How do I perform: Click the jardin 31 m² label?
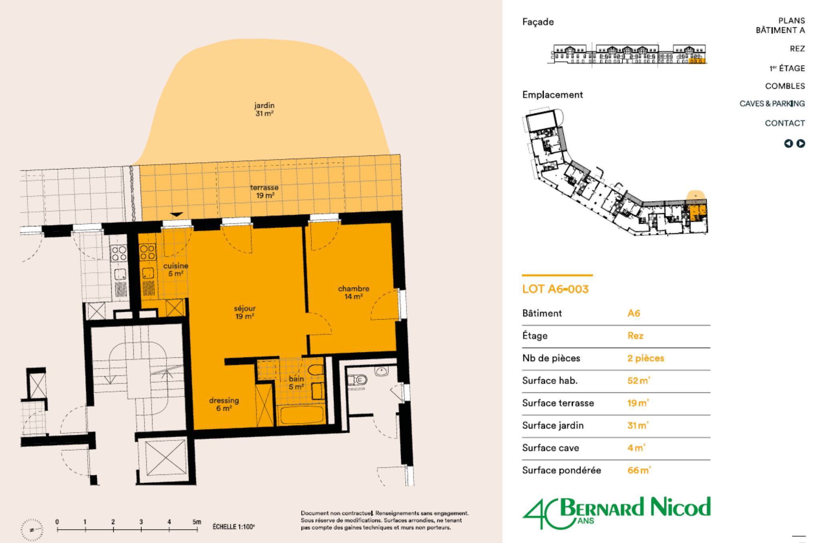[x=264, y=109]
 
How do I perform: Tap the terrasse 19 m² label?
[x=265, y=192]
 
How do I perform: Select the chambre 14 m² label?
[x=354, y=293]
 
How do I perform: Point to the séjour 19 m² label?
[x=245, y=313]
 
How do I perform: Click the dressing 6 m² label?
[x=224, y=404]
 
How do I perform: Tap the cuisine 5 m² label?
[x=176, y=270]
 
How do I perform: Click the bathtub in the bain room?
[x=302, y=415]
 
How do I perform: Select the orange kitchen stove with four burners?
[x=147, y=252]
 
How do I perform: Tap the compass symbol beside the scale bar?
[x=32, y=529]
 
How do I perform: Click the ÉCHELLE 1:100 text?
[x=234, y=527]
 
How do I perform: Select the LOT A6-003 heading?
[x=555, y=289]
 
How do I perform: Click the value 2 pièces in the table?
[x=646, y=358]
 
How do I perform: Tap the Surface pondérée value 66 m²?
[x=639, y=470]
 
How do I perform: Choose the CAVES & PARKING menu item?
[x=772, y=103]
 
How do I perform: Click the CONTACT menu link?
[x=785, y=123]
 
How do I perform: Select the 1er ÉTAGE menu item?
[x=787, y=68]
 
